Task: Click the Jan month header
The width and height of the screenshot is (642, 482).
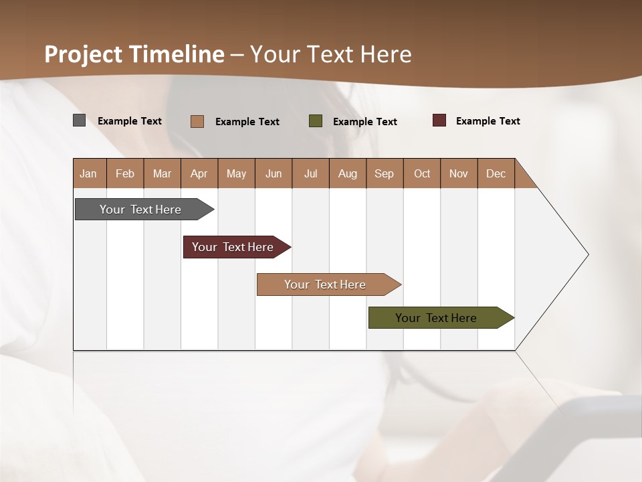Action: (x=89, y=173)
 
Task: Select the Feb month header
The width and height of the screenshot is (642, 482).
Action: (x=125, y=173)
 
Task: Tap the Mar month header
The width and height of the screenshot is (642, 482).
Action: (x=162, y=173)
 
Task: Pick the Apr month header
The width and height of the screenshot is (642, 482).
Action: (x=199, y=173)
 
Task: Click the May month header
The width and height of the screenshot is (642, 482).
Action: (x=236, y=173)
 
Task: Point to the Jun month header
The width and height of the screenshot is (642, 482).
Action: (x=274, y=173)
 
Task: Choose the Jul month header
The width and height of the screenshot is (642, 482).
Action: (x=310, y=173)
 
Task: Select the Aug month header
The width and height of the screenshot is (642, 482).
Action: (x=348, y=173)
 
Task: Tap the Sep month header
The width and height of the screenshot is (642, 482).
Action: (x=385, y=173)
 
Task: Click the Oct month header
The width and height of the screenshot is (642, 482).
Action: (x=422, y=173)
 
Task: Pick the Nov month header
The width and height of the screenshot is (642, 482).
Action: (x=459, y=173)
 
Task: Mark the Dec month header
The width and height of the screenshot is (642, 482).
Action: (x=496, y=173)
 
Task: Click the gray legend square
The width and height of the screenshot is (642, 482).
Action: (x=80, y=120)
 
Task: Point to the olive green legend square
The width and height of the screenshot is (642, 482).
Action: (x=316, y=121)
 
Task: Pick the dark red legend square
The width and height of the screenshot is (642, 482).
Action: (x=439, y=120)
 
